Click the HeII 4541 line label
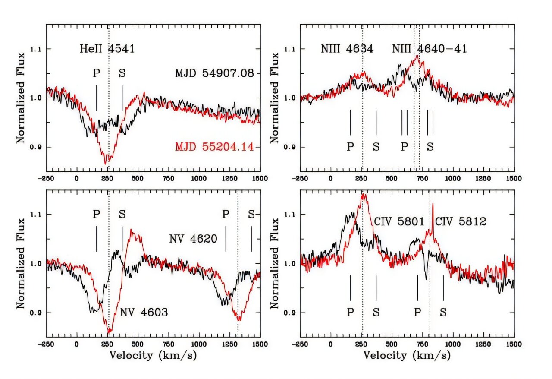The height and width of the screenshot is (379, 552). click(x=107, y=49)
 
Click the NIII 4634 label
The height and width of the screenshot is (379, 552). click(x=347, y=49)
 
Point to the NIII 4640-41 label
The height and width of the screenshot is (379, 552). click(x=429, y=49)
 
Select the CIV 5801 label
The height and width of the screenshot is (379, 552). click(x=399, y=222)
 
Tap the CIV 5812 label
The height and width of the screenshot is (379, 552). click(x=461, y=222)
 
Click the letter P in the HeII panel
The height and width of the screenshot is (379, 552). click(x=96, y=73)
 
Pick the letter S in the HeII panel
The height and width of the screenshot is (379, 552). click(x=122, y=73)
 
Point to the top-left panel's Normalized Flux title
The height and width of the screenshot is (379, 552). click(x=20, y=98)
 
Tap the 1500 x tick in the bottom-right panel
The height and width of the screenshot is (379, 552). click(x=513, y=344)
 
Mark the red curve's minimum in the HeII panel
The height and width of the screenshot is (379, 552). click(x=106, y=164)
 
